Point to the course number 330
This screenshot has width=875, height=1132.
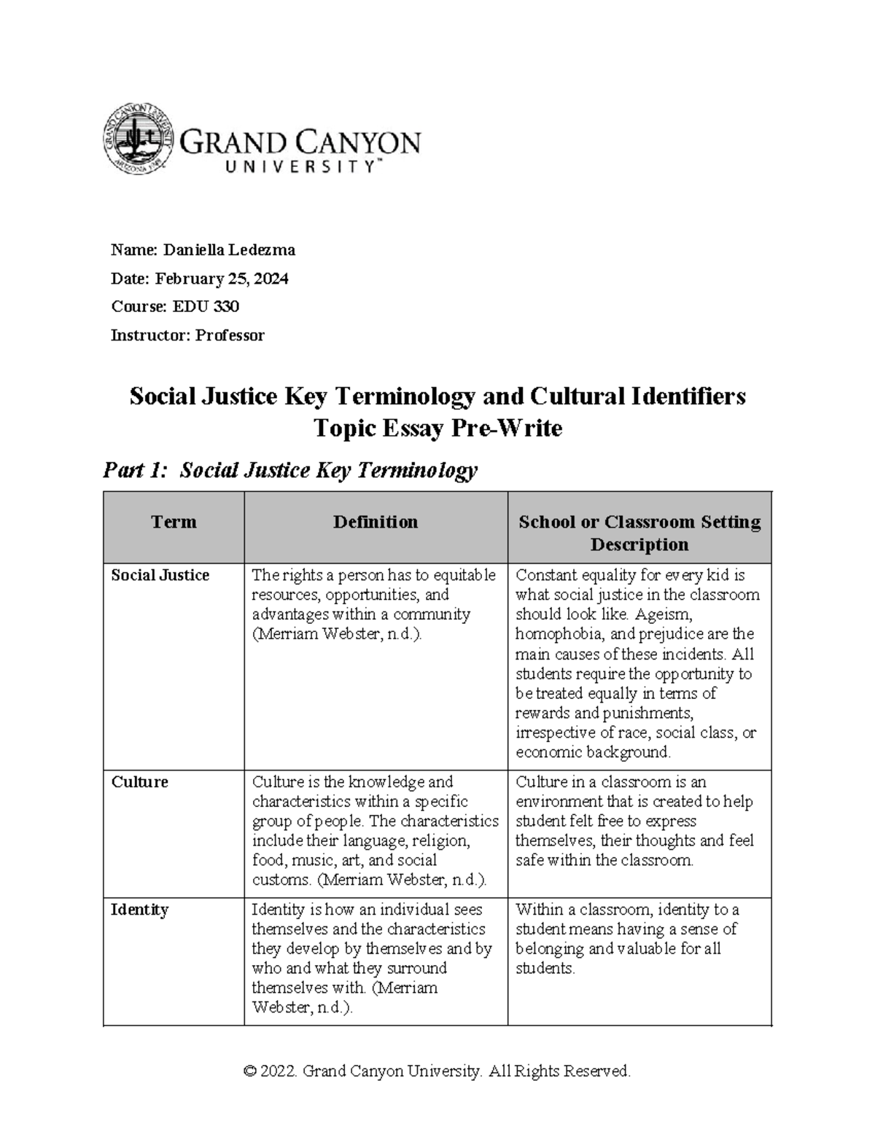[226, 307]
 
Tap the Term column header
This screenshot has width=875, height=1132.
[174, 522]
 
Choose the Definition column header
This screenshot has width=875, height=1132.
[376, 522]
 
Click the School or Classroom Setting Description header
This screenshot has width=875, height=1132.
[639, 533]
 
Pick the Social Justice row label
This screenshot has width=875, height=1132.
[160, 575]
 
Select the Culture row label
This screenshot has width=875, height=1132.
[139, 782]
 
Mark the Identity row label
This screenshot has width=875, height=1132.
[139, 910]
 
